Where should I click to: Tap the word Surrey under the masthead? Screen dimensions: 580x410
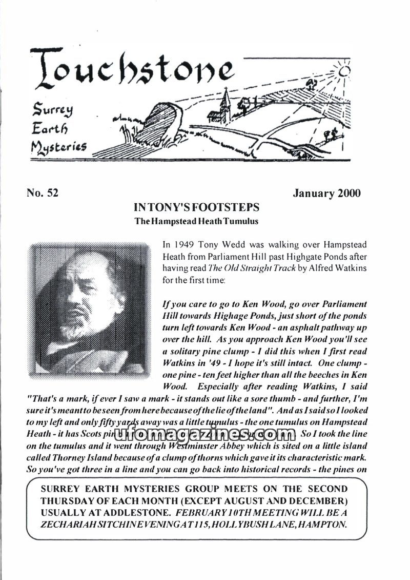tap(54, 110)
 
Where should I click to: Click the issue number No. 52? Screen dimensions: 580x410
tap(42, 194)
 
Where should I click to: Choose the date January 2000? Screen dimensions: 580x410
tap(326, 194)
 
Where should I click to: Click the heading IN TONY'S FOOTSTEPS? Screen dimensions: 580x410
tap(196, 208)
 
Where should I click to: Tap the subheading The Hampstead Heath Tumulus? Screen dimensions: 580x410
tap(196, 221)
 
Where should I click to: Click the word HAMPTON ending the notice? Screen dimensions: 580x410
tap(323, 524)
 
